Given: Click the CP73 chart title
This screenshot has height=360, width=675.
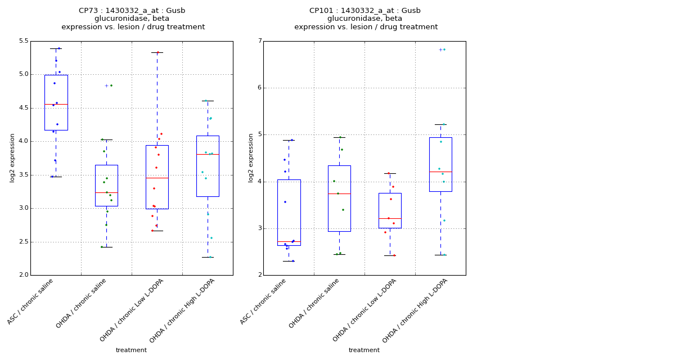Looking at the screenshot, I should point(132,19).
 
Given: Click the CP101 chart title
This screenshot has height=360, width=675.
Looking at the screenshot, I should point(365,19).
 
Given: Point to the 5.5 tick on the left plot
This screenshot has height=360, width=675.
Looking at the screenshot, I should point(23,41).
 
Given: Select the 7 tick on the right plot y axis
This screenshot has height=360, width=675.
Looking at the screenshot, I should point(259,41).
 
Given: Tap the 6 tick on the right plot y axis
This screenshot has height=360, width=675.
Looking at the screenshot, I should point(259,88).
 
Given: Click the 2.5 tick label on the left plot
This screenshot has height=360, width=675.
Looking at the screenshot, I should point(23,242).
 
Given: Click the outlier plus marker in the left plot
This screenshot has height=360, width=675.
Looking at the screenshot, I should point(106,85).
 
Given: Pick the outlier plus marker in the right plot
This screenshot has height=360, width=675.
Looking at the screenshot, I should point(440,49).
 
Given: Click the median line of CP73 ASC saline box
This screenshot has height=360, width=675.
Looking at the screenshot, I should point(56,104).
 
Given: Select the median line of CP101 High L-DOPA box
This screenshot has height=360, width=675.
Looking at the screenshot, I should point(440,172).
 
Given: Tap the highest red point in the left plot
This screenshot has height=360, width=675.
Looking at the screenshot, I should point(158,52).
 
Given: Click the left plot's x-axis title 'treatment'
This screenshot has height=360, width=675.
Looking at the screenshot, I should point(131,350).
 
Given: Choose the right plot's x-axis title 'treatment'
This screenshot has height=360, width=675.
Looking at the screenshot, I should point(364,350).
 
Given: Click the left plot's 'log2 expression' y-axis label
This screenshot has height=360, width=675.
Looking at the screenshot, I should point(12,157).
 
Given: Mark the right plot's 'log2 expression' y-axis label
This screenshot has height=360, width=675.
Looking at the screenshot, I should point(251,157).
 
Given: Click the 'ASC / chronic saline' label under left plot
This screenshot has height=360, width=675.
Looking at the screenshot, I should point(31,301).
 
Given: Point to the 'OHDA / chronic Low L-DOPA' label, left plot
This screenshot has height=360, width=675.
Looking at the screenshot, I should point(132,310).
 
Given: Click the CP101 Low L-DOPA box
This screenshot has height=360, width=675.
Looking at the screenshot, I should point(390,210).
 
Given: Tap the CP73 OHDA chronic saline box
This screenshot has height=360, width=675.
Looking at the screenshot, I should point(106,186).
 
